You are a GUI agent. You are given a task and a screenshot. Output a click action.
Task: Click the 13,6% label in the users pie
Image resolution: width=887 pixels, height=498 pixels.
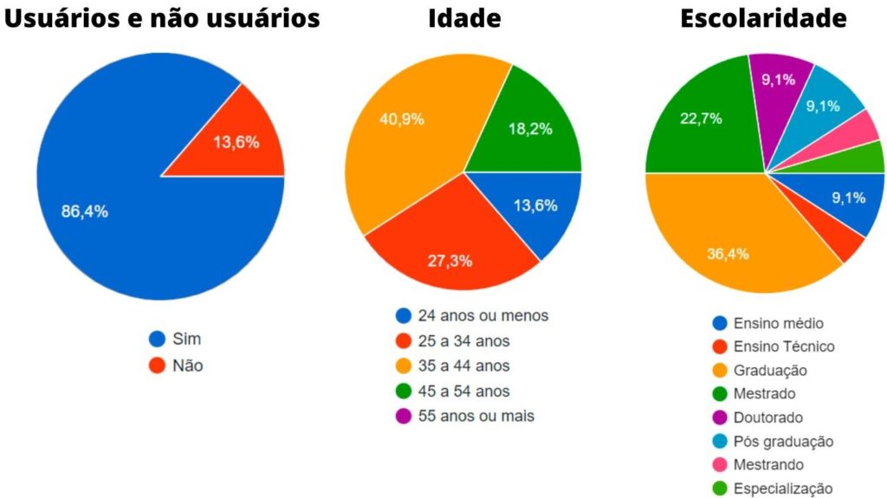[236, 143]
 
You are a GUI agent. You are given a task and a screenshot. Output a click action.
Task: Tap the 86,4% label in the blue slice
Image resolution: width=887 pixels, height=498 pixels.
[84, 212]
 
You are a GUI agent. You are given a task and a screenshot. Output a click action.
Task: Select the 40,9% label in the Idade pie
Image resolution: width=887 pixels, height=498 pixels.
[402, 120]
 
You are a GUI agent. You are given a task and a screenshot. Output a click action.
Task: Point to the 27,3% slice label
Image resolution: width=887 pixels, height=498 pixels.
[450, 261]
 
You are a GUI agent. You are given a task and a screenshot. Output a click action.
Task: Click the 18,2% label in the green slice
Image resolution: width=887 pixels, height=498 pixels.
[529, 130]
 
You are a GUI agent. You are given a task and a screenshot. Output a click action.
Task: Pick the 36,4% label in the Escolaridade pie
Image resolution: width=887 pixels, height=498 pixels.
[727, 254]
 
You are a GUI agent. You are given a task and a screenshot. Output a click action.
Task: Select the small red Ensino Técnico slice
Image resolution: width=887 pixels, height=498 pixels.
[851, 245]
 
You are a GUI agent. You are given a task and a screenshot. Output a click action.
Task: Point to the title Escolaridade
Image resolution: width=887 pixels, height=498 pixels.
[763, 18]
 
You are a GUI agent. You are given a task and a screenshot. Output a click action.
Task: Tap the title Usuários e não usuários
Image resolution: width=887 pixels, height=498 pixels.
[163, 18]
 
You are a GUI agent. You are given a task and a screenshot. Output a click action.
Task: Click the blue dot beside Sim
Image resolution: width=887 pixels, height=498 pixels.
[157, 339]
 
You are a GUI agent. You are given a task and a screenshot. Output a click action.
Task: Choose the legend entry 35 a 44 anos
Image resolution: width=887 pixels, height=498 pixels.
[463, 366]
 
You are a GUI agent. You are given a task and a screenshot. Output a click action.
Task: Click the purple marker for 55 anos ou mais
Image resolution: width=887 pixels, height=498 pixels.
[403, 417]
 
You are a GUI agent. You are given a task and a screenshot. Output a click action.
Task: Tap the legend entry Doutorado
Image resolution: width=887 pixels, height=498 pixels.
[767, 417]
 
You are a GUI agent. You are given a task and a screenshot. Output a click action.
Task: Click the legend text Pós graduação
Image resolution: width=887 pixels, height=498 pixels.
[783, 442]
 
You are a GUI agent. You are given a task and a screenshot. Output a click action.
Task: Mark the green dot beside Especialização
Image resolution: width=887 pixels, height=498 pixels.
[719, 489]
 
